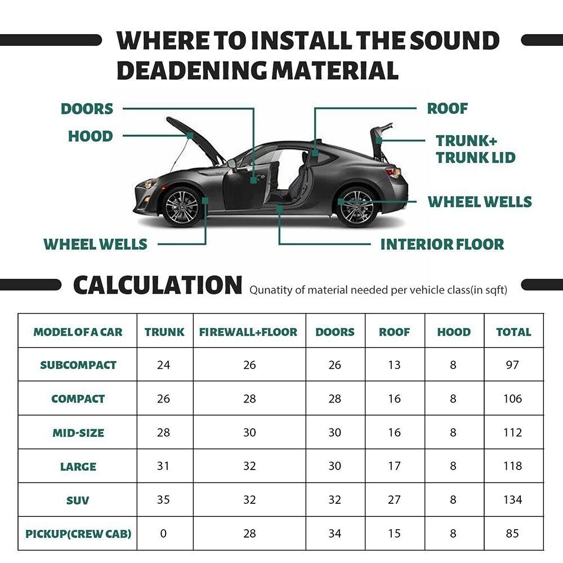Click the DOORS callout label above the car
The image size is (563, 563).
coord(87,109)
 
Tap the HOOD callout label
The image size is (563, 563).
coord(90,136)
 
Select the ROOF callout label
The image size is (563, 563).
coord(448,109)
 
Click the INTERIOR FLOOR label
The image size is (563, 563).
coord(442,244)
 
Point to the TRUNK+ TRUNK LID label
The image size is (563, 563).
coord(475,149)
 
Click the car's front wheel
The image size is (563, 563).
coord(182,206)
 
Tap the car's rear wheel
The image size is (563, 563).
coord(357,206)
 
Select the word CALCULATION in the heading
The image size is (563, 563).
coord(158,285)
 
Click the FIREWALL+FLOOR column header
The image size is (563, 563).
coord(248,332)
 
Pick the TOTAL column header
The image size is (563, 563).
coord(513,332)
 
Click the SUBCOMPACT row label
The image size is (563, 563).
coord(78,365)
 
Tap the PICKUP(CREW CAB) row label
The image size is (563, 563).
coord(78,533)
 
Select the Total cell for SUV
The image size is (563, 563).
coord(513,499)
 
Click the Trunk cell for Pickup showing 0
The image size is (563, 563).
coord(163,533)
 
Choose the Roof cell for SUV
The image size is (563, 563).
coord(394,499)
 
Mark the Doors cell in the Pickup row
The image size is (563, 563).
coord(335,533)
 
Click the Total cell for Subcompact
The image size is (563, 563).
coord(513,365)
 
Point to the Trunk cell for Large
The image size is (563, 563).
coord(163,466)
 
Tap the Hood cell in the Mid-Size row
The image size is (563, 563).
coord(453,432)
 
